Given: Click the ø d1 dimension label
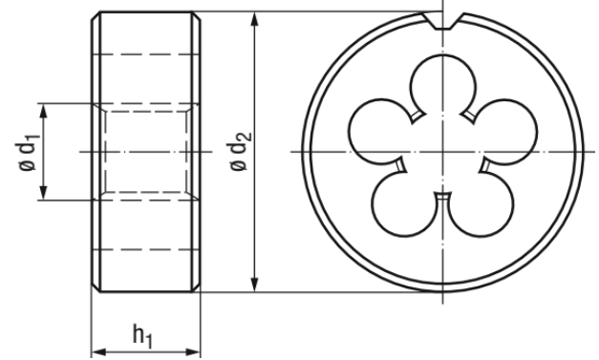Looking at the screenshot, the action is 27,152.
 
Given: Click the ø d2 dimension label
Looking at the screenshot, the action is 240,152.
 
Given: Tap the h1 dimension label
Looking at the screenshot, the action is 143,335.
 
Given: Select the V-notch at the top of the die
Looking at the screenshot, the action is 443,21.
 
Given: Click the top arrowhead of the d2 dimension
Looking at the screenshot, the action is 255,19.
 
